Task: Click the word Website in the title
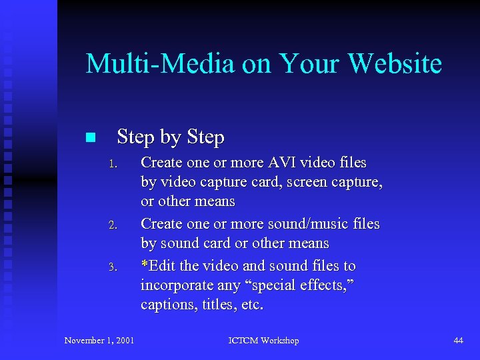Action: pyautogui.click(x=395, y=64)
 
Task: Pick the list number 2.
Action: pyautogui.click(x=113, y=225)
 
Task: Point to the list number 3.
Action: pyautogui.click(x=113, y=267)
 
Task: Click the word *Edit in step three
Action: pyautogui.click(x=159, y=265)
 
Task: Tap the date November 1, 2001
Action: pyautogui.click(x=99, y=341)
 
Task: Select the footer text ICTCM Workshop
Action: pyautogui.click(x=263, y=341)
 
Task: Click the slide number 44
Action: pyautogui.click(x=458, y=341)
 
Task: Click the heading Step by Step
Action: pyautogui.click(x=171, y=137)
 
